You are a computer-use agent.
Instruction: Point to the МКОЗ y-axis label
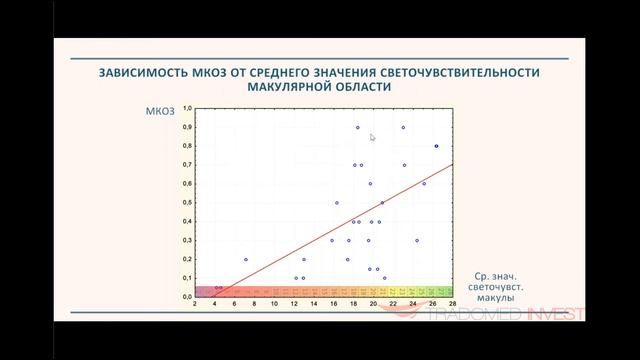click(161, 113)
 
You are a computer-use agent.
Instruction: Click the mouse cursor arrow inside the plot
click(372, 138)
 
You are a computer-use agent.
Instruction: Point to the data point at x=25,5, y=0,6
click(424, 184)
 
